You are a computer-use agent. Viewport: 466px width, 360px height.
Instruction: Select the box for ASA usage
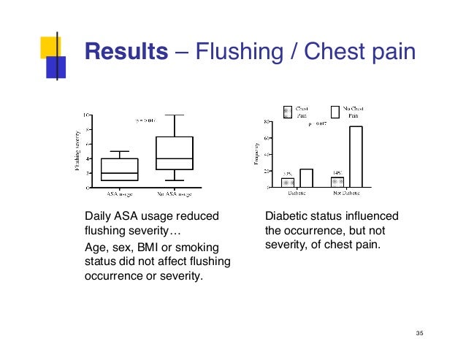tap(120, 169)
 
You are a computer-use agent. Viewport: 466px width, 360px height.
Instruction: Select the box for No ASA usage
tap(176, 153)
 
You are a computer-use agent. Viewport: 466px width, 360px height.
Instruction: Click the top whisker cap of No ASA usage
tap(176, 115)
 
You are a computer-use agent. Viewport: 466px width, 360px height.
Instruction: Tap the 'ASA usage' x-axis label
tap(120, 194)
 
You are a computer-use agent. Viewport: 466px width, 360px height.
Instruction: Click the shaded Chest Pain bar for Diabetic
tap(288, 182)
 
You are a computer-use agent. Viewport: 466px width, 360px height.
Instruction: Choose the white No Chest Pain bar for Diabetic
tap(306, 177)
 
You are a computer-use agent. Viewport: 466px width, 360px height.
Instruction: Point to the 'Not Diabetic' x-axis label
tap(346, 194)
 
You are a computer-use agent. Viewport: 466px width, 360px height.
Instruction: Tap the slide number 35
tap(419, 334)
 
